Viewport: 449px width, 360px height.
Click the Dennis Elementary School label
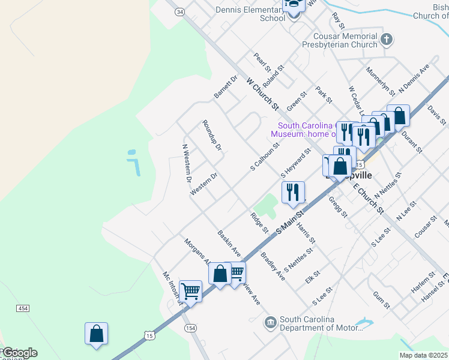251,13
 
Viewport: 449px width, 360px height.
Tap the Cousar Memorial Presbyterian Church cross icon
387,40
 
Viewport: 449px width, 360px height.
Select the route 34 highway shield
179,11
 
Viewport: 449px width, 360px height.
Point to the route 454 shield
23,308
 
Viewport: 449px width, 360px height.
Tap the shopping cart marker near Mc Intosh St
190,292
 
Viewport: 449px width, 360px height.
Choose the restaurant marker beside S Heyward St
293,193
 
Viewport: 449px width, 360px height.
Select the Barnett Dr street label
226,87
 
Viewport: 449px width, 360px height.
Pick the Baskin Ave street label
229,242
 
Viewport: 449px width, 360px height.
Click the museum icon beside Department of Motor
271,323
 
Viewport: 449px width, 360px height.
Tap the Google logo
19,353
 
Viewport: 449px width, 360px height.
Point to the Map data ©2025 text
424,355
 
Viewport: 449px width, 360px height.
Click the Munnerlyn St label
380,82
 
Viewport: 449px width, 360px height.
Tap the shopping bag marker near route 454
96,334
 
